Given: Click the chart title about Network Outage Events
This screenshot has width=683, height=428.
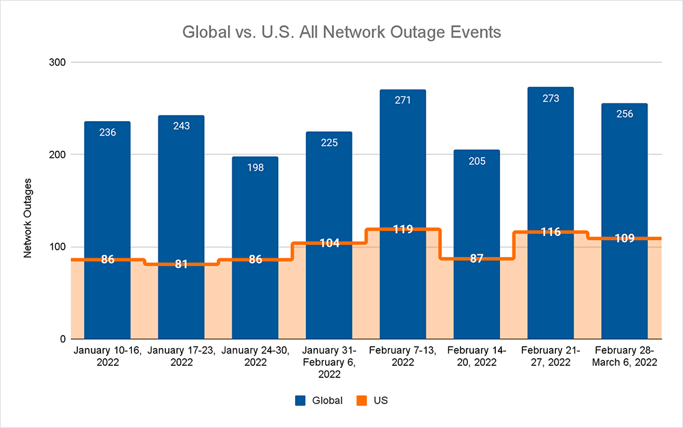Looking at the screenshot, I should coord(341,32).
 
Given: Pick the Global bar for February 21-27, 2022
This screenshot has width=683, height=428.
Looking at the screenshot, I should coord(550,171).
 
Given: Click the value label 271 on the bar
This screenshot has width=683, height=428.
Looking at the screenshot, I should coord(403,101).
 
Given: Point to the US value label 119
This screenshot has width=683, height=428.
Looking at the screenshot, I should coord(403,229).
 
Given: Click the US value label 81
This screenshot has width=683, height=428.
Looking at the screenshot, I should coord(181,264).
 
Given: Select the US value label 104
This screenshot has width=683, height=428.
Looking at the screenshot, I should coord(329,243).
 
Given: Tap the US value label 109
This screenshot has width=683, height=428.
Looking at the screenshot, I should coord(624,239).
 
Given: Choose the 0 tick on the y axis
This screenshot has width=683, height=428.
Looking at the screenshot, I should coord(61,339).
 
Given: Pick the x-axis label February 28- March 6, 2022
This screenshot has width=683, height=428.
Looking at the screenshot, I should coord(624,356).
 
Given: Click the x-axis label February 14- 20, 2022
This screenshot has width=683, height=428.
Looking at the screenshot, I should coord(477,356).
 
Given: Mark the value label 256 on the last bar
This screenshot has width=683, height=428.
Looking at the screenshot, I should coord(624,113).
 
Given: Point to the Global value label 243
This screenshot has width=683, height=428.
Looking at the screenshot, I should coord(181,126).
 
